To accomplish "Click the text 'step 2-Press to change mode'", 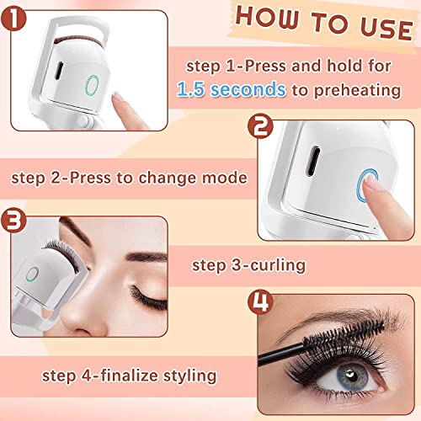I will pos(128,178).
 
